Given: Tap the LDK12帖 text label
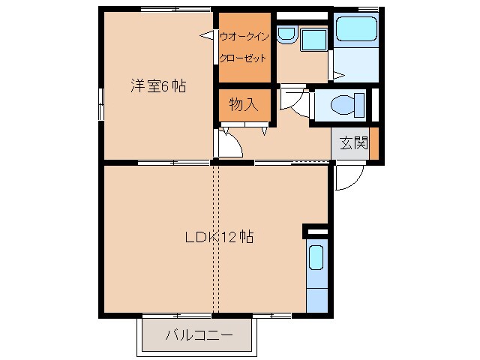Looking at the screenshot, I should [x=219, y=237].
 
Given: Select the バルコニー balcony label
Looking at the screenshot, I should [x=198, y=335].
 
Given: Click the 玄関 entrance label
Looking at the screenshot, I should [x=352, y=143].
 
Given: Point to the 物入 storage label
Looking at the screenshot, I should [x=244, y=105].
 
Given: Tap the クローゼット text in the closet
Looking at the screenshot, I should [x=243, y=58].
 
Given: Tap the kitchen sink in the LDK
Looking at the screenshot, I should [x=316, y=258].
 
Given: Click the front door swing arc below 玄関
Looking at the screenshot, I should [x=349, y=178].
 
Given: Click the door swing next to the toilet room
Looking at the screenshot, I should [x=295, y=101].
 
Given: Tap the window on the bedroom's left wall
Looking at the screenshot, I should [x=100, y=103].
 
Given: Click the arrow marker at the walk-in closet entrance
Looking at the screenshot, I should [x=205, y=34].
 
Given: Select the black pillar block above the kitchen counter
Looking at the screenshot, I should [x=316, y=229].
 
